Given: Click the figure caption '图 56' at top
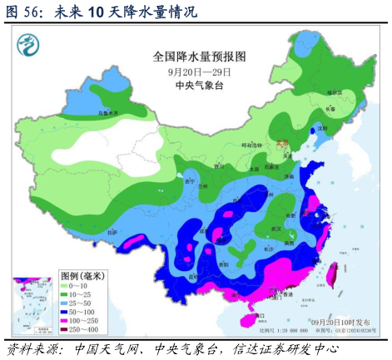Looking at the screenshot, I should pyautogui.click(x=24, y=11).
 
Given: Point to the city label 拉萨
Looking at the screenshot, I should pyautogui.click(x=112, y=232).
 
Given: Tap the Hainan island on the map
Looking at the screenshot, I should pyautogui.click(x=256, y=316).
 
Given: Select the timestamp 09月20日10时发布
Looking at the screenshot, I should pyautogui.click(x=339, y=322).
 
